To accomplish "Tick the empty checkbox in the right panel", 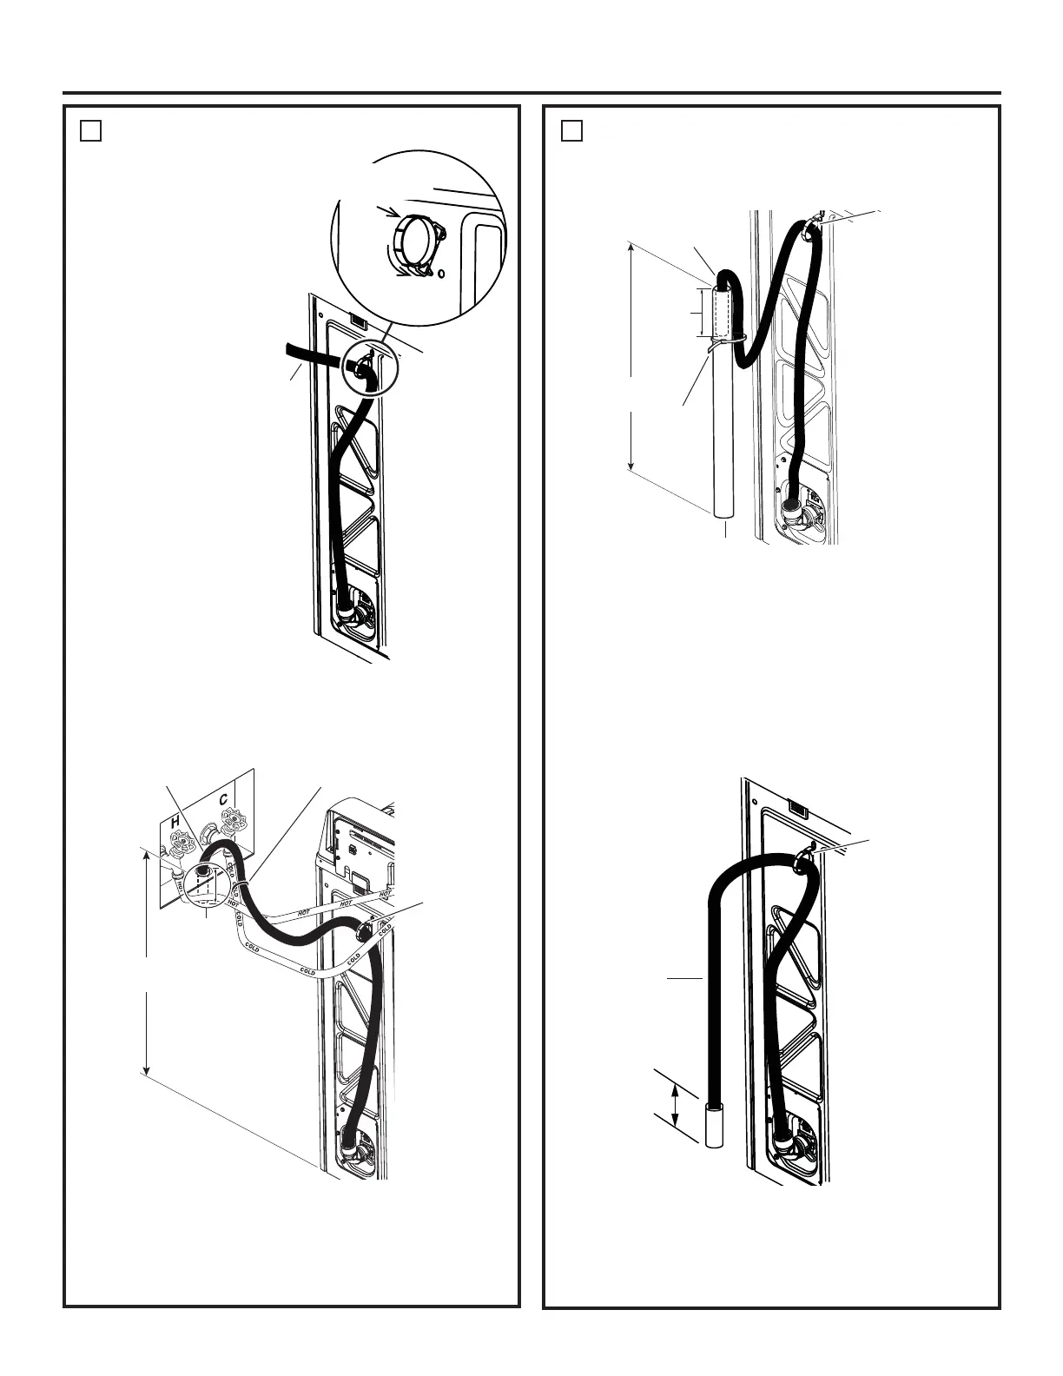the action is tap(571, 130).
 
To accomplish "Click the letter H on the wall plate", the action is tap(175, 822).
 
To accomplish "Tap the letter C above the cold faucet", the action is tap(223, 799).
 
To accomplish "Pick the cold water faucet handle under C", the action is tap(232, 818).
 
